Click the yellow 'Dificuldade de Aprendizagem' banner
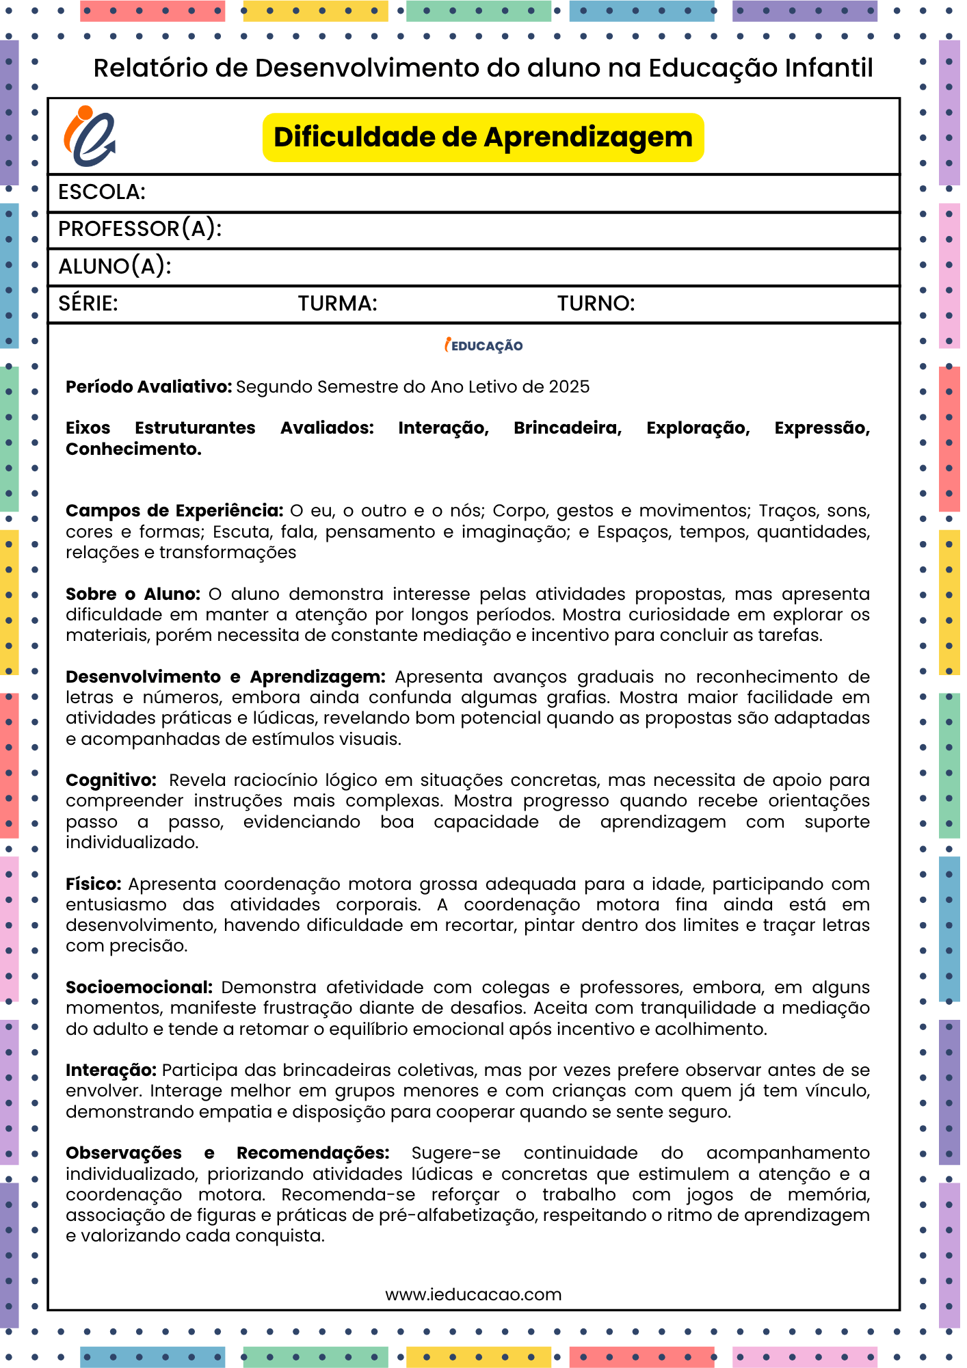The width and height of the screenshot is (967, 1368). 483,137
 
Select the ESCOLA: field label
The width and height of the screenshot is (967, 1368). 102,192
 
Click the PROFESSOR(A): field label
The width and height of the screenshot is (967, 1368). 140,229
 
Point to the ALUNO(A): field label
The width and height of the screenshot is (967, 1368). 114,266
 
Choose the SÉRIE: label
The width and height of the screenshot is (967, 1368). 88,304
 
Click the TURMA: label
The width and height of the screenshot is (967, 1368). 337,304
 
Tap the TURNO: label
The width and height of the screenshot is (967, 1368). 596,304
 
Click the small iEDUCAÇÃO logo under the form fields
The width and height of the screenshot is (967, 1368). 483,345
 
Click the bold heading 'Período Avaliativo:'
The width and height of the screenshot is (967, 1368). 149,387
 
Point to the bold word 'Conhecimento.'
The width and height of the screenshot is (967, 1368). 133,449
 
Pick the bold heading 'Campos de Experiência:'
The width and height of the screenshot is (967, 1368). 174,511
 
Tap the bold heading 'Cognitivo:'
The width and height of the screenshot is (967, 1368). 111,780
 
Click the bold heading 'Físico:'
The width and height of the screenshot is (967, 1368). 93,884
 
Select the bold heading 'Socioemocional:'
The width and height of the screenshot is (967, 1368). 139,988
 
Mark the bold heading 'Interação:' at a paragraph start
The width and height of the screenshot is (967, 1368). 111,1070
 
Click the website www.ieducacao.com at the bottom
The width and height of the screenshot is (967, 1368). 473,1295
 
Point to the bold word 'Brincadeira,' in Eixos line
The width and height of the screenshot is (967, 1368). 568,428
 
